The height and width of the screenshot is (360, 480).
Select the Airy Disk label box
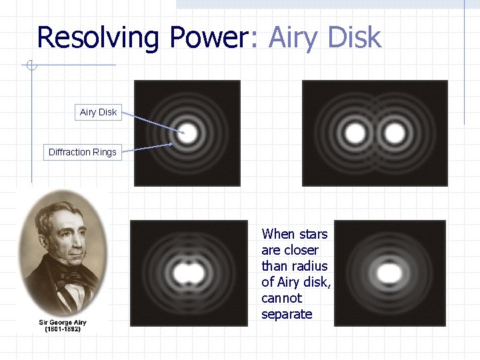pos(98,112)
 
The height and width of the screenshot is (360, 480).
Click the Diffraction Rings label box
pos(82,152)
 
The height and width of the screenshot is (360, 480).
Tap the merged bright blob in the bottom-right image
pos(389,273)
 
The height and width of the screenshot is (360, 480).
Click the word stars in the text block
pos(314,234)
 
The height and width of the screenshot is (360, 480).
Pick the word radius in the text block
pos(307,266)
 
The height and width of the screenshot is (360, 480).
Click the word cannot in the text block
pos(281,298)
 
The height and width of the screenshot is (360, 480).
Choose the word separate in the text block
pos(287,314)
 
